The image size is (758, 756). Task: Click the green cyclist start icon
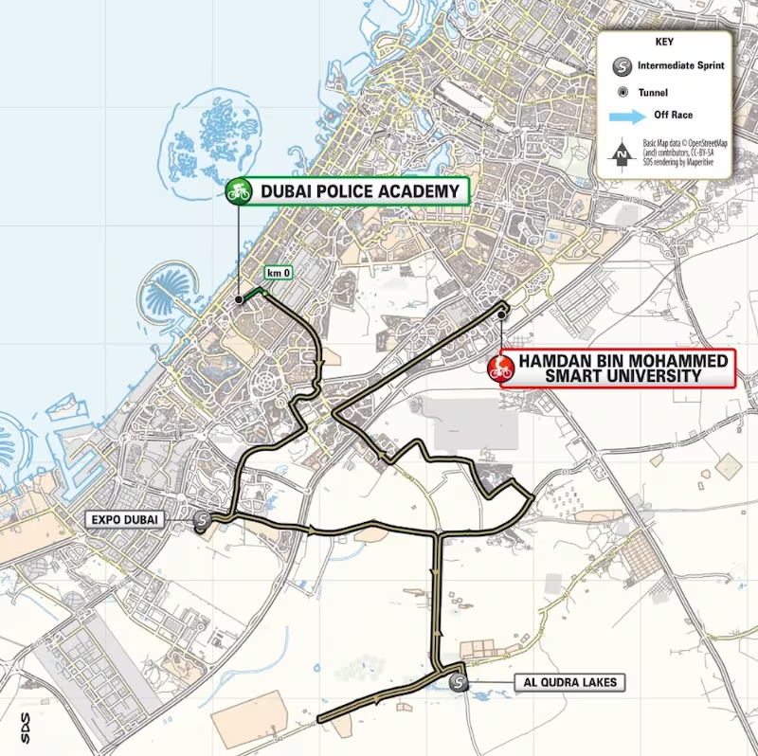[238, 191]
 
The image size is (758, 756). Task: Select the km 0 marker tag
[277, 274]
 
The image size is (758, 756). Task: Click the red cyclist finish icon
[501, 369]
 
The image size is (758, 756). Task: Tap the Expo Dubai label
[124, 519]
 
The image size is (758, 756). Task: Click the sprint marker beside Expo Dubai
[202, 519]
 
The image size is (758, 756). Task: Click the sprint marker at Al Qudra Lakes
[459, 681]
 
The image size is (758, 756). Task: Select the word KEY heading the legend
[664, 42]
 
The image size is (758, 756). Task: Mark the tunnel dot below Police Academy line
[239, 299]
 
